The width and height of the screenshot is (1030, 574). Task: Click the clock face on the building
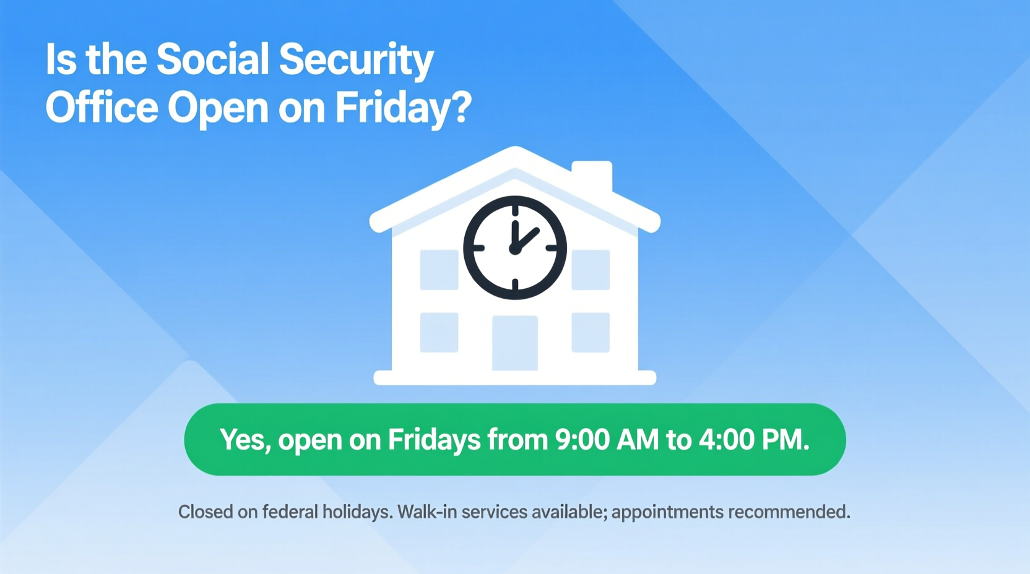[x=515, y=248]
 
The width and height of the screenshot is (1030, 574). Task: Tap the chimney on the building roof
[x=592, y=176]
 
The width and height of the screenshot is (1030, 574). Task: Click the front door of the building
[x=515, y=343]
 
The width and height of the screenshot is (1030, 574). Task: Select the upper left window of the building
[x=439, y=270]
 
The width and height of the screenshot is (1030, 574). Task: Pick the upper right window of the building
[x=591, y=270]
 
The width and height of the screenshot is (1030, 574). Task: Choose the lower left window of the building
[x=439, y=333]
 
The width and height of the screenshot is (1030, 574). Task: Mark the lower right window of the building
[x=591, y=333]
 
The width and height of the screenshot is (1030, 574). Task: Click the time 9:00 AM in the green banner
[x=607, y=440]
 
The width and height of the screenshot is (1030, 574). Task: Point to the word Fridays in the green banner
[x=434, y=440]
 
